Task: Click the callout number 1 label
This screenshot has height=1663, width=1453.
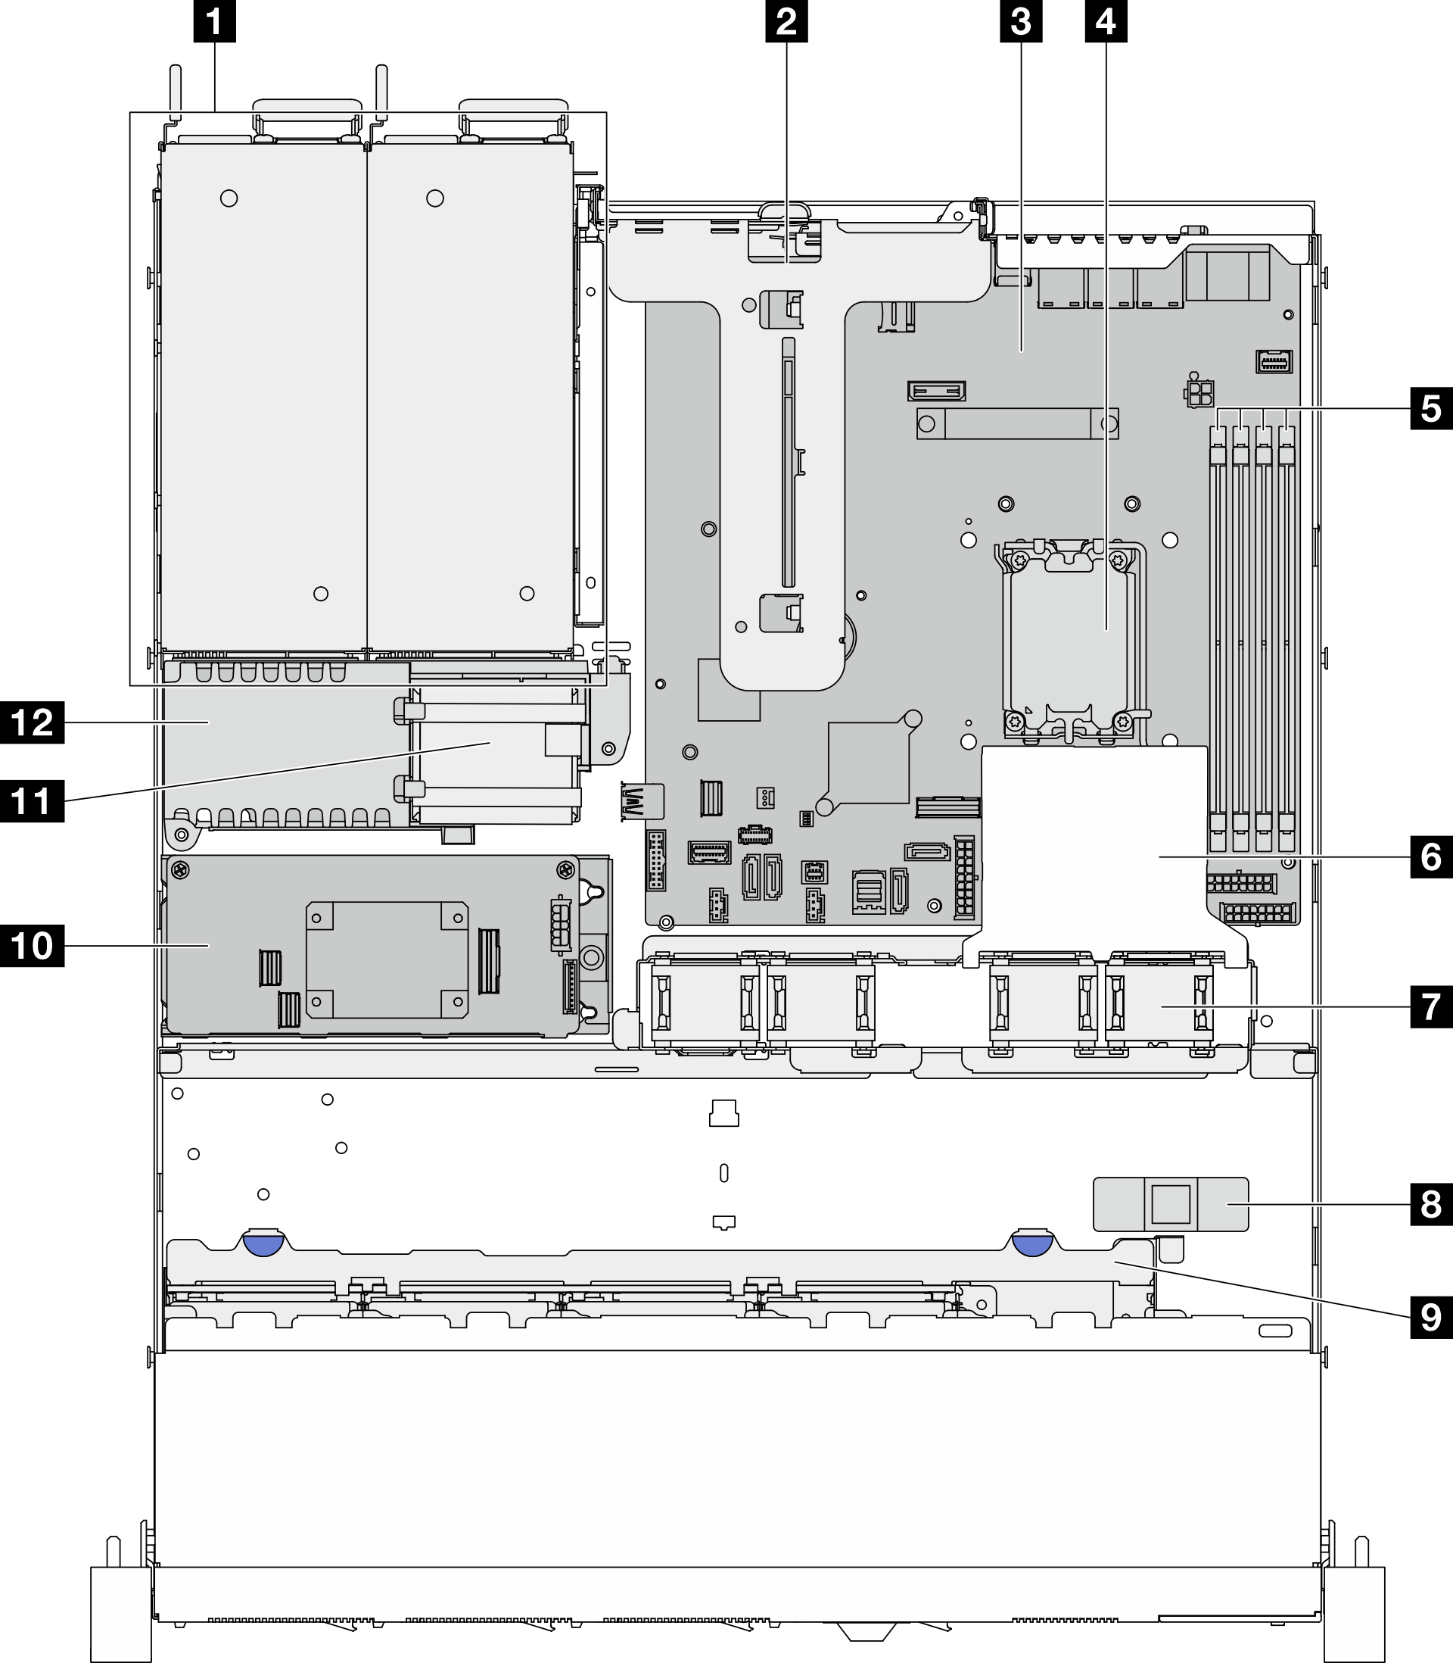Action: coord(215,22)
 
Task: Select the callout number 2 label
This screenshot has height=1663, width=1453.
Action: coord(786,22)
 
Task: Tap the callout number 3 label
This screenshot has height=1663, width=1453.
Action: coord(1021,22)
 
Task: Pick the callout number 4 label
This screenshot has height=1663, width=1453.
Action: coord(1105,22)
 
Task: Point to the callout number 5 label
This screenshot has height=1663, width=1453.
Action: coord(1431,408)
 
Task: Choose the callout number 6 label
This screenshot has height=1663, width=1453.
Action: coord(1431,856)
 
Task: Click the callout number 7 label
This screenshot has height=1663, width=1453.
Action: coord(1431,1006)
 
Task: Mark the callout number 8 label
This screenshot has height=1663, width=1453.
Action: coord(1431,1205)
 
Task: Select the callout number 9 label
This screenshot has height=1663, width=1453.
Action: coord(1431,1317)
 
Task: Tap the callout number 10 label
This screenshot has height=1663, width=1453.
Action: coord(33,945)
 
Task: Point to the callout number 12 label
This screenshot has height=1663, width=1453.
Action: coord(33,721)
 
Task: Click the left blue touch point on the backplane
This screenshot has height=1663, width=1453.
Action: coord(262,1243)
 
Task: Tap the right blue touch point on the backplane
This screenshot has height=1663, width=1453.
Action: coord(1032,1243)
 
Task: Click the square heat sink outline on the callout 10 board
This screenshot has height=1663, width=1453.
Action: coord(387,959)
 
